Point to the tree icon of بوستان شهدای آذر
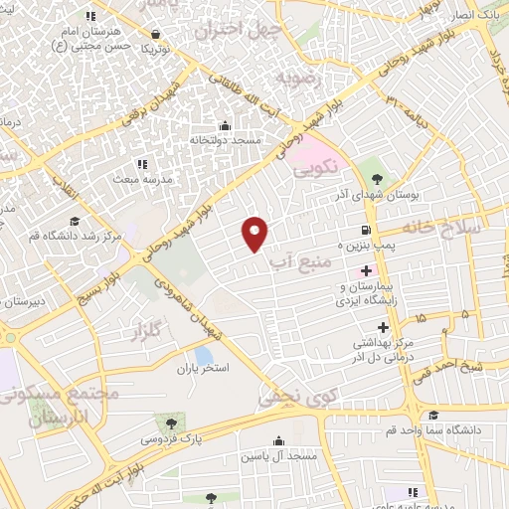pos(374,177)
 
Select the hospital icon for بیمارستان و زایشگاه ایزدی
pos(367,269)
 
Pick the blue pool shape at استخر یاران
pos(203,355)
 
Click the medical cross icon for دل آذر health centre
pos(382,326)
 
